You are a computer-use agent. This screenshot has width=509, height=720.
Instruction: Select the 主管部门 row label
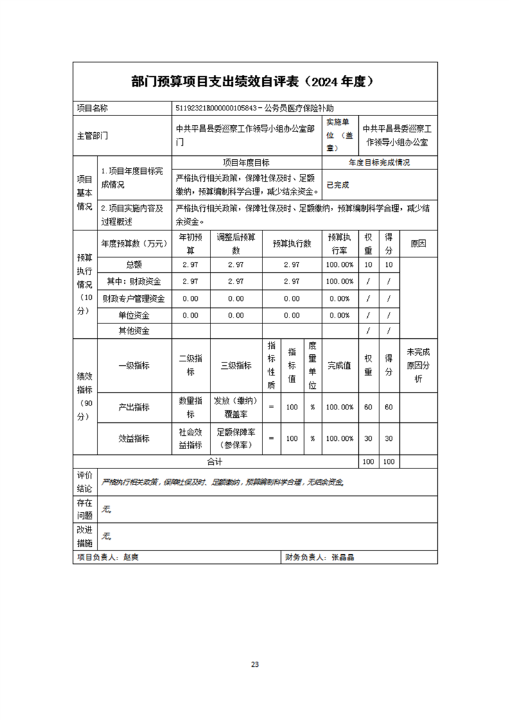pyautogui.click(x=92, y=135)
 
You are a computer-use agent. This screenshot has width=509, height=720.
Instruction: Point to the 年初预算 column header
pyautogui.click(x=190, y=244)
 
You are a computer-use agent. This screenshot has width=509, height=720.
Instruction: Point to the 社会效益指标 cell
pyautogui.click(x=190, y=439)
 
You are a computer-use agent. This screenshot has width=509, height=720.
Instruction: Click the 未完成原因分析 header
pyautogui.click(x=418, y=366)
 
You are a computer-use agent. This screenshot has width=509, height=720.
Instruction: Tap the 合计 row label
pyautogui.click(x=214, y=462)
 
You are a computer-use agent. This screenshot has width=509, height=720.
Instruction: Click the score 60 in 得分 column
pyautogui.click(x=388, y=407)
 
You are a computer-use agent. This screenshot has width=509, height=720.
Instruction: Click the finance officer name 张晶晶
pyautogui.click(x=343, y=558)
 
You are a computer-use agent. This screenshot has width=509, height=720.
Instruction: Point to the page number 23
pyautogui.click(x=255, y=664)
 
